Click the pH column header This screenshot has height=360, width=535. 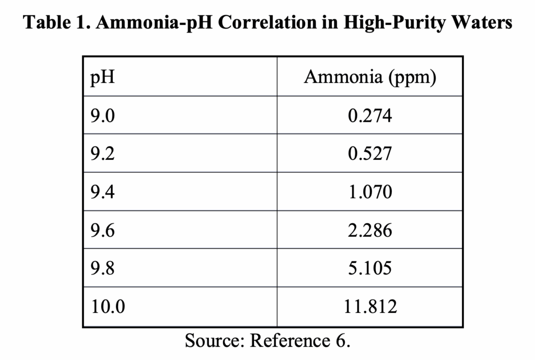(x=102, y=78)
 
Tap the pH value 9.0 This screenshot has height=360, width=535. (x=102, y=115)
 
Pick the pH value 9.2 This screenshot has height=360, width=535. (x=102, y=154)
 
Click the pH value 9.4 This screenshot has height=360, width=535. (x=102, y=192)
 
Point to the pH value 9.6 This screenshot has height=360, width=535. (x=102, y=230)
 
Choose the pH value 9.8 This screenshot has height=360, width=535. (x=102, y=268)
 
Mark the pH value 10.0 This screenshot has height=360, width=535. (x=108, y=306)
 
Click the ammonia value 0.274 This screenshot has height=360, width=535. (x=370, y=115)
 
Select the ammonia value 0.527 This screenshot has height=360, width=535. (x=370, y=154)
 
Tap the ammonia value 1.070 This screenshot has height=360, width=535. (x=370, y=192)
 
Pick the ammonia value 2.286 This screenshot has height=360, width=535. (x=370, y=230)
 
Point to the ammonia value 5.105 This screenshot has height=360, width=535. (x=370, y=268)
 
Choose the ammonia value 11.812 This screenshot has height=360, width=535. (x=370, y=306)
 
